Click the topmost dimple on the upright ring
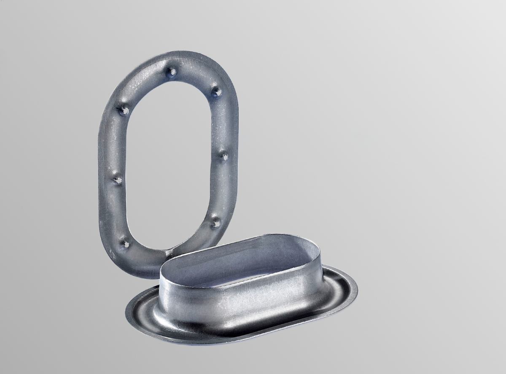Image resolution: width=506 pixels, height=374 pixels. point(171,73)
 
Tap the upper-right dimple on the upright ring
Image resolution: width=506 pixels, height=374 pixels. point(216,91)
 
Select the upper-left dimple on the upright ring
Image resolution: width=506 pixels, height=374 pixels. point(124,110)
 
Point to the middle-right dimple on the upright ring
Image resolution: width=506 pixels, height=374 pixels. point(223,156)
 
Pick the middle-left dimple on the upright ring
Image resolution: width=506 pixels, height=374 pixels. point(118,180)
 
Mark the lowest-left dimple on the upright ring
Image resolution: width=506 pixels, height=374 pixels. point(125,243)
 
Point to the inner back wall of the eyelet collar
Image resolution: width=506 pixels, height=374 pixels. point(253,249)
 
